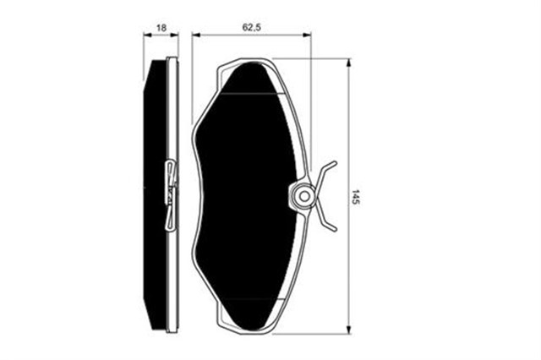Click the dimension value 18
click(161, 28)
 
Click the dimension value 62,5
click(251, 28)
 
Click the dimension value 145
click(356, 197)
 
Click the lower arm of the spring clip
click(326, 217)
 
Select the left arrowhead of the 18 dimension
click(147, 35)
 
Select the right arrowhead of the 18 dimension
click(175, 35)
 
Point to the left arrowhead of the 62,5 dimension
click(196, 35)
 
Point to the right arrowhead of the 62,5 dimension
click(307, 35)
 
